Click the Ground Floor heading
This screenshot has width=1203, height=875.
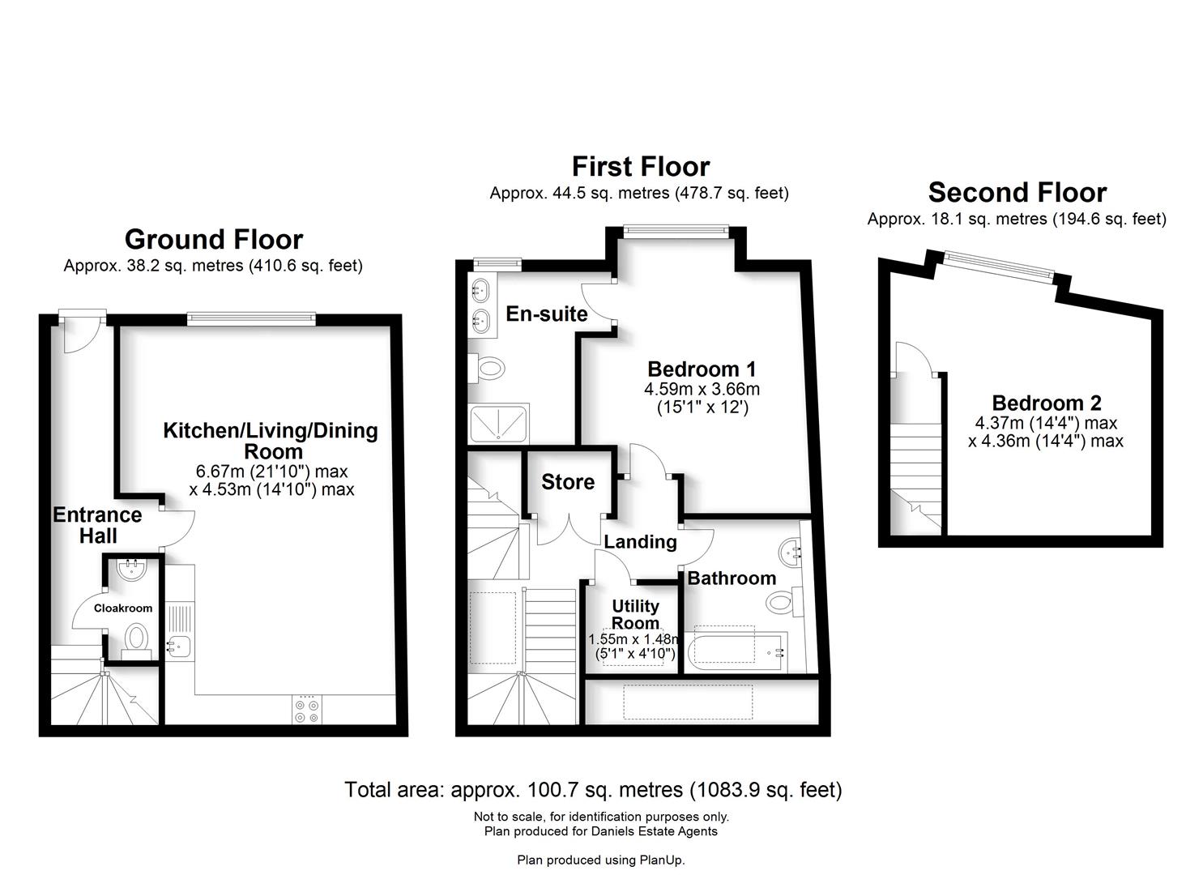tap(214, 240)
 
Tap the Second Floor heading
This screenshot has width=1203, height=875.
tap(1017, 192)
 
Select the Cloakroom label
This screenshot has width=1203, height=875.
tap(123, 608)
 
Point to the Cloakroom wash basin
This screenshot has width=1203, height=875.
tap(131, 570)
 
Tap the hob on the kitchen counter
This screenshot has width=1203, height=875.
tap(307, 710)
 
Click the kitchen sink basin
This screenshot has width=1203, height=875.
tap(179, 647)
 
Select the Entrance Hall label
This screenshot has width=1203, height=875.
tap(98, 525)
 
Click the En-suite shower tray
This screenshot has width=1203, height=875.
tap(498, 423)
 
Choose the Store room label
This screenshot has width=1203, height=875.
tap(568, 482)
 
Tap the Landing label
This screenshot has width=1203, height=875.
tap(640, 542)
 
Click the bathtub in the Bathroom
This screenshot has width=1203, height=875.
tap(736, 651)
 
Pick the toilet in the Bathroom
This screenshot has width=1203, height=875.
tap(784, 602)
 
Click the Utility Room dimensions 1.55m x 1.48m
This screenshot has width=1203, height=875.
tap(633, 640)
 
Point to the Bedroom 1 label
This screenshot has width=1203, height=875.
tap(702, 369)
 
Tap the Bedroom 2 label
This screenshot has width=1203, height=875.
tap(1047, 403)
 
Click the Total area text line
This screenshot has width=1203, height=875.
tap(593, 790)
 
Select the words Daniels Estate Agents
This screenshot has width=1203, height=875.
tap(654, 831)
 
